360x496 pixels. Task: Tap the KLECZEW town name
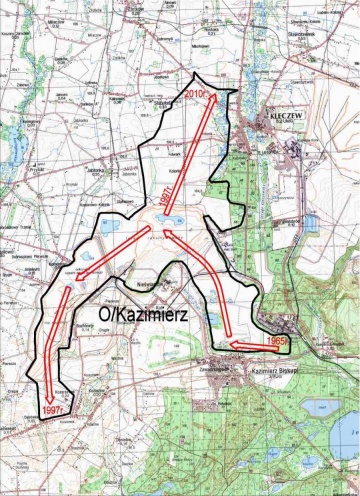point(284,116)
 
